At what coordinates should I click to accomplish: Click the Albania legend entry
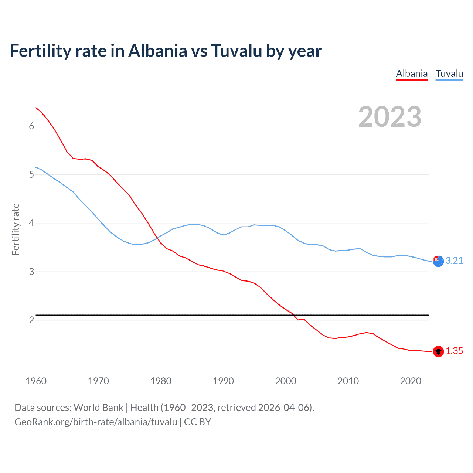[412, 74]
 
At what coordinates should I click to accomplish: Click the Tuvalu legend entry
[449, 74]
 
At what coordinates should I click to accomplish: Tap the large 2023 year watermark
[389, 117]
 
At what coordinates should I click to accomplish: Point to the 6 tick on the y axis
[31, 126]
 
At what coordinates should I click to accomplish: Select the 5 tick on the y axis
[31, 174]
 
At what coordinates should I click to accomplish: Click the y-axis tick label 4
[31, 223]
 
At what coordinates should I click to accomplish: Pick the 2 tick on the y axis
[31, 320]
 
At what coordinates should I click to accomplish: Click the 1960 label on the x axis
[36, 381]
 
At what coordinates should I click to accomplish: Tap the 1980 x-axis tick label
[161, 381]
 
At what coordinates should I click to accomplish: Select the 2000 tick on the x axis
[286, 381]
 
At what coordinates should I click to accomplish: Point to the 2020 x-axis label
[411, 381]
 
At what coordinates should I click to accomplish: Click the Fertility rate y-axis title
[16, 229]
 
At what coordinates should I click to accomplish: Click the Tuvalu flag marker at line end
[438, 261]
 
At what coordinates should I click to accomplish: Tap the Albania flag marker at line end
[438, 351]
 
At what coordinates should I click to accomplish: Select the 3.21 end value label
[454, 261]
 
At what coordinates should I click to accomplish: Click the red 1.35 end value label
[454, 351]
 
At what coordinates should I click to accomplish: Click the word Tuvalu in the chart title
[236, 51]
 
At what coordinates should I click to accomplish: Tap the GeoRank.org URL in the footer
[96, 422]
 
